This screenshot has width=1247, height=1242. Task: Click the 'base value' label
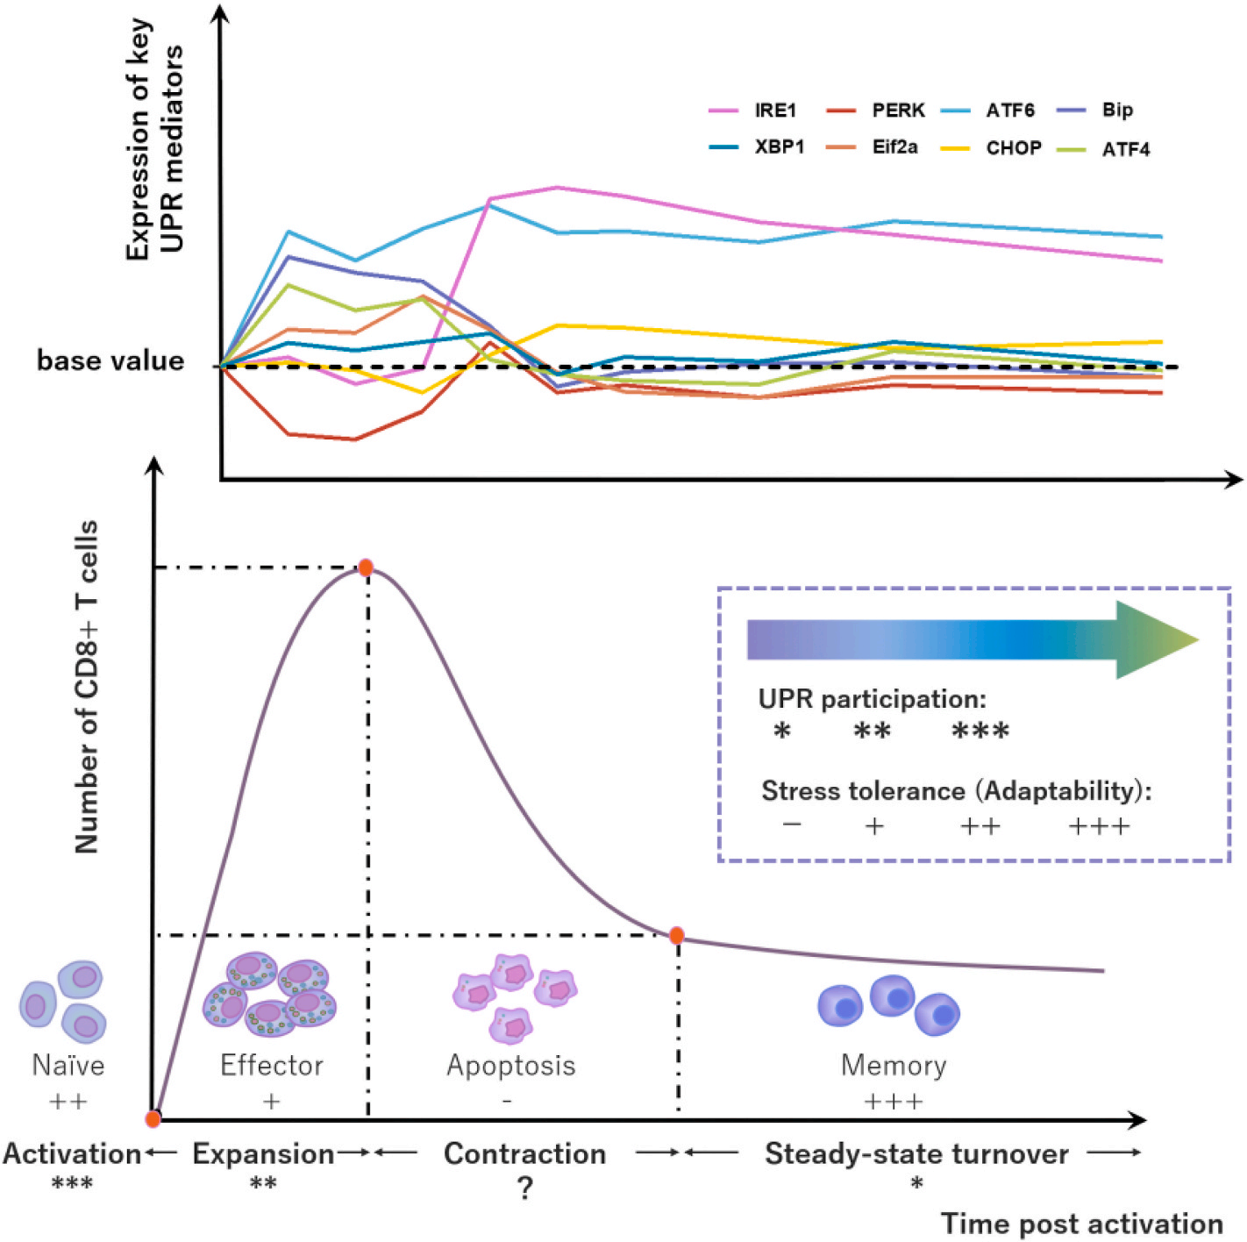click(110, 360)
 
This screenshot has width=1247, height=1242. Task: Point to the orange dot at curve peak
click(366, 567)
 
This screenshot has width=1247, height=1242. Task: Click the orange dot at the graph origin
click(153, 1118)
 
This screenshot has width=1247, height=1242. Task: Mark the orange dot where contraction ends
click(676, 935)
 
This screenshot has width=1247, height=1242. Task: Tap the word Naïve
click(68, 1066)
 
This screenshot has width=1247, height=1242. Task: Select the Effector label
click(272, 1066)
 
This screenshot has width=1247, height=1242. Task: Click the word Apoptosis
click(511, 1066)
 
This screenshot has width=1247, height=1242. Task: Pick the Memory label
click(894, 1066)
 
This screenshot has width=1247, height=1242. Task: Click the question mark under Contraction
click(524, 1188)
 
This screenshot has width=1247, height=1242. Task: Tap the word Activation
click(72, 1154)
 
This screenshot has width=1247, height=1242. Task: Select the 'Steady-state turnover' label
click(916, 1154)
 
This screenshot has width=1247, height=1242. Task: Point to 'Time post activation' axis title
click(1081, 1224)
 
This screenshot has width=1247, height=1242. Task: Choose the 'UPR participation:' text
click(872, 699)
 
